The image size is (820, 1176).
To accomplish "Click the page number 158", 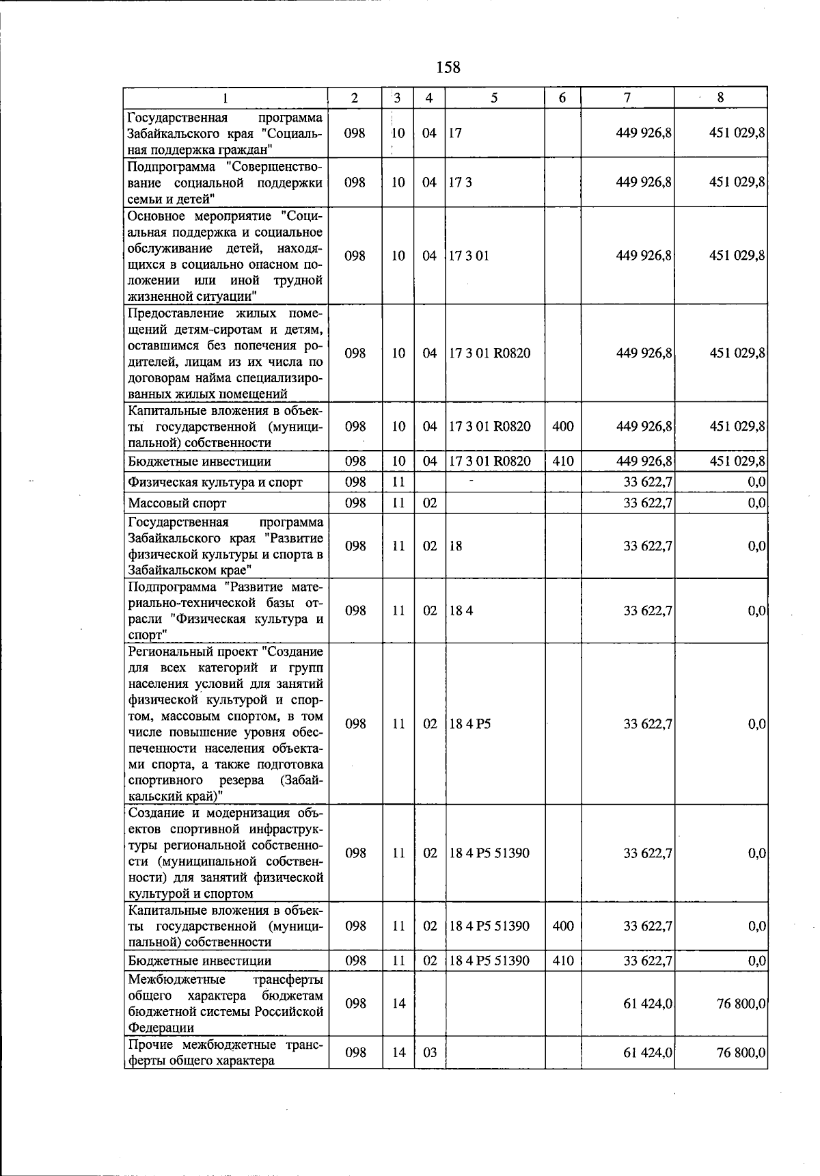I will point(448,68).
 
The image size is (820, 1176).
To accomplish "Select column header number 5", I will point(494,98).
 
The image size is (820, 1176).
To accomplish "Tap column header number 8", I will point(720,98).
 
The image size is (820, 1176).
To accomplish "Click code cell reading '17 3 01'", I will point(469,256).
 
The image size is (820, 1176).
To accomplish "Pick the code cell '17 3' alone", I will point(461,183).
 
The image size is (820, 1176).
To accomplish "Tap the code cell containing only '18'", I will point(456,546).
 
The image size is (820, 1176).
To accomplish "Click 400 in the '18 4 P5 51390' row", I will point(562,926).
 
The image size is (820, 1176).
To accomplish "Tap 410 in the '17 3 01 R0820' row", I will point(562,462).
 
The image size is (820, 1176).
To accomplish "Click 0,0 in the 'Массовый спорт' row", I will point(756,503).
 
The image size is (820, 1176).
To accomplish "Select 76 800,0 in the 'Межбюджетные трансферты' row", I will point(740,1003).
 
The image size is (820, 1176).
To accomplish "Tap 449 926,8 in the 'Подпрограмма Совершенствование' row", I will point(644,183).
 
